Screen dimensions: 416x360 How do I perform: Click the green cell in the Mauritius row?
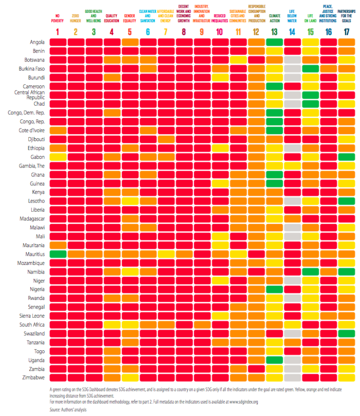(58, 254)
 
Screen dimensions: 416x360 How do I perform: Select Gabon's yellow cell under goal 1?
(58, 156)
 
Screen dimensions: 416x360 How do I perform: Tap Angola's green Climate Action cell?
(274, 42)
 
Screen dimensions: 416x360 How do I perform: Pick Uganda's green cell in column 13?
(274, 360)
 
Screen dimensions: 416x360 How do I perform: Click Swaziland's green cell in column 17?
(346, 333)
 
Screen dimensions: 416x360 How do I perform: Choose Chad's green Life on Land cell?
(310, 104)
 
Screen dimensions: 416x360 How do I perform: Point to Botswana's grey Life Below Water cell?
(292, 60)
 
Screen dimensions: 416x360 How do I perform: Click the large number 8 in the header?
(184, 33)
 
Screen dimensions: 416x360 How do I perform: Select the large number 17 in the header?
(346, 33)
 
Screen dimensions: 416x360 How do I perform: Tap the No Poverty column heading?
(58, 18)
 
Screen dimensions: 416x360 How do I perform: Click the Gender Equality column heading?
(129, 18)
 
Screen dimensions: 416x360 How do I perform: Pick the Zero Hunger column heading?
(76, 18)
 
